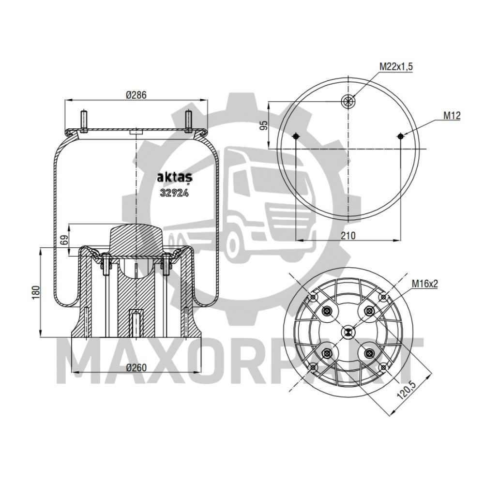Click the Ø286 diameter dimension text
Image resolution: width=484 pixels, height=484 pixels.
pos(136,96)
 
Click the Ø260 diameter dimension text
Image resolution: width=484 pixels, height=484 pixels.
pos(136,367)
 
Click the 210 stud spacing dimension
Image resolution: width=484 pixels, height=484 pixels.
pos(348,236)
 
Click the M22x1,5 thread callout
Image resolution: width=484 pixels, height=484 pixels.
pos(396,67)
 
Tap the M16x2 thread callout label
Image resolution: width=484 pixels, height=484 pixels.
pos(424,284)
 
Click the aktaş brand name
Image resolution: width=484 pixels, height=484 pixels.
pos(173,178)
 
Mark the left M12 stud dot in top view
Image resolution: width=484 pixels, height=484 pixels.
pos(296,136)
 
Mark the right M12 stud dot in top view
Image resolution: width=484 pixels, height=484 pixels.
pos(400,136)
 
